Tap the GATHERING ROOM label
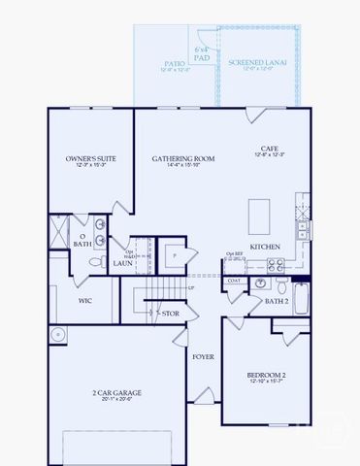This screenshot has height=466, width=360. (183, 157)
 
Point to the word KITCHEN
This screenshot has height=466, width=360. (265, 247)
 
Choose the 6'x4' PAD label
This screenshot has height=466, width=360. (202, 52)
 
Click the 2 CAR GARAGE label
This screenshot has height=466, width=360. (115, 392)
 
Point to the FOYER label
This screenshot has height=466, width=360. (202, 356)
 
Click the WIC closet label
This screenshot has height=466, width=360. (85, 301)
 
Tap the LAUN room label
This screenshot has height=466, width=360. (122, 262)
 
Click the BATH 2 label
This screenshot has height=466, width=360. (278, 301)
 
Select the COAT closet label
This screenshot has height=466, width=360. (234, 282)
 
